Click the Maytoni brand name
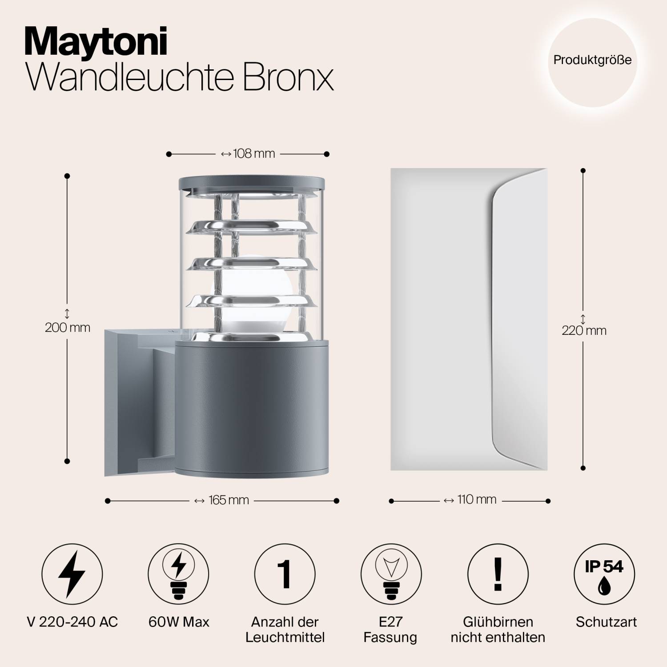[x=96, y=42]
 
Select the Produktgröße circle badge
[x=592, y=60]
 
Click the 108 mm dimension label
[x=248, y=154]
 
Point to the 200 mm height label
[x=68, y=328]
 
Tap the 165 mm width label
[x=223, y=500]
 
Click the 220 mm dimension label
[x=584, y=331]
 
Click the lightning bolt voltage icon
[x=72, y=574]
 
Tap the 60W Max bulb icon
[x=179, y=574]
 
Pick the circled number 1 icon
[x=285, y=574]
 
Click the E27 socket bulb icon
[x=391, y=574]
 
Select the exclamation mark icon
[x=498, y=574]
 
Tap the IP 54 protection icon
[x=604, y=574]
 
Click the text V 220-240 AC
[x=72, y=622]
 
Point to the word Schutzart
[x=606, y=622]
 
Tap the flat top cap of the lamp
[x=252, y=182]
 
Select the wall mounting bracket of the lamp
[x=129, y=400]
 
